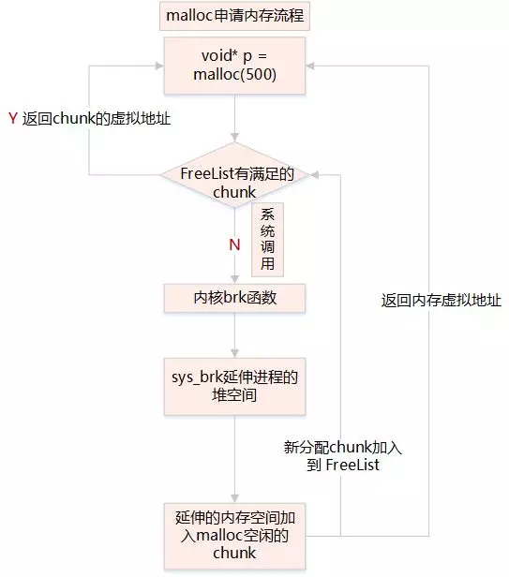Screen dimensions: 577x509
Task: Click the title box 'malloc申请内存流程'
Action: point(234,16)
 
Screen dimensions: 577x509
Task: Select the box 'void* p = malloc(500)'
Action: point(234,66)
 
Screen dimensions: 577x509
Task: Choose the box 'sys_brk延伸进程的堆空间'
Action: point(234,388)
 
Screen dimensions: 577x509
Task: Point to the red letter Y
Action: point(12,119)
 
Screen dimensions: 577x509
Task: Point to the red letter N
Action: point(234,244)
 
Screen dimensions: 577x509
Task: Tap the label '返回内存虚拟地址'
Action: point(441,301)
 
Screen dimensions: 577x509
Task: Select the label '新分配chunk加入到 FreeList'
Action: point(342,455)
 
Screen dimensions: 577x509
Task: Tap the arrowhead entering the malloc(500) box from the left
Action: point(158,66)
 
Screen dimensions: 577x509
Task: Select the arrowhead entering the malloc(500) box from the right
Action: point(312,66)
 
